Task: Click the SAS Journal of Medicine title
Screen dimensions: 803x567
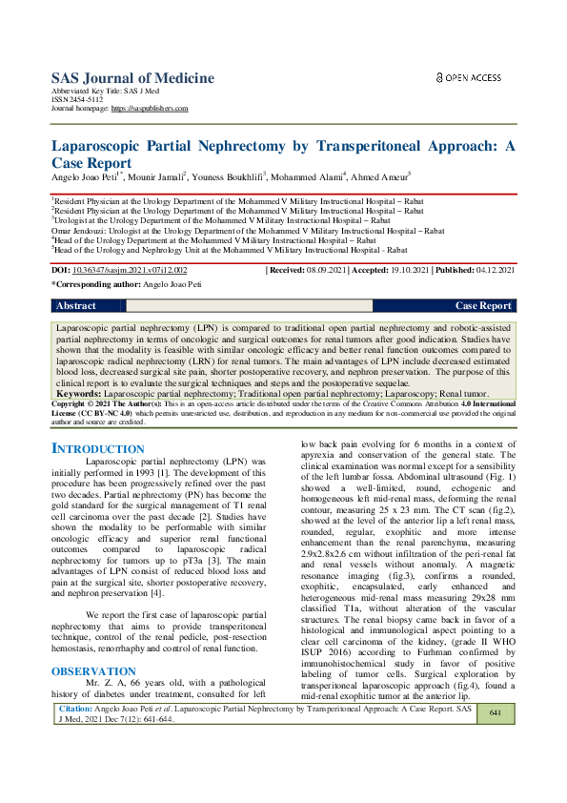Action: [132, 79]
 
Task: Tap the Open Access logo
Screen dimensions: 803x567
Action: [468, 77]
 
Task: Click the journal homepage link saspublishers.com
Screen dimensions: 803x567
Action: [150, 109]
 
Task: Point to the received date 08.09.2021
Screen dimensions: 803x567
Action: [329, 271]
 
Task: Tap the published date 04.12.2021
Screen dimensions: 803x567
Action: [494, 271]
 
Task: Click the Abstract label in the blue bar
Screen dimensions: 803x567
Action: [76, 306]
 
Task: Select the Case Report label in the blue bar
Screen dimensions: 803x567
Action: [483, 306]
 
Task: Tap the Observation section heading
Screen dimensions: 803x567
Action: [93, 618]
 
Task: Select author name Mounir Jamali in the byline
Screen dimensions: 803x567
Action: [157, 176]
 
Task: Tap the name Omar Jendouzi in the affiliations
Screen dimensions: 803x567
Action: [80, 230]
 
